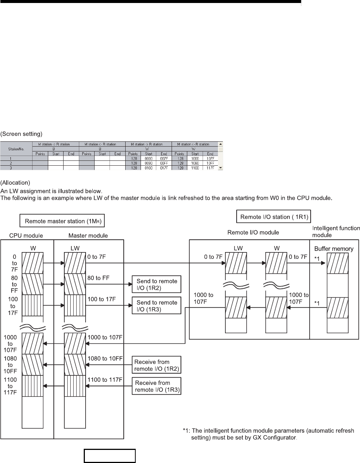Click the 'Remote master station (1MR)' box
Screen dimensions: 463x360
pos(62,221)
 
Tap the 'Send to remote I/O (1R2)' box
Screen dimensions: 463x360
pos(157,285)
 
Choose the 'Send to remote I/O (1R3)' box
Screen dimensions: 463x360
pos(157,306)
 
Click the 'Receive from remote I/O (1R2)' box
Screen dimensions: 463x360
pos(157,365)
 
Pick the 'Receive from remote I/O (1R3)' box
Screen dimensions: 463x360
pos(157,386)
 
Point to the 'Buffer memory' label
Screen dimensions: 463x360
pos(333,248)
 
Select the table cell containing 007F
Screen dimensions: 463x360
pos(164,159)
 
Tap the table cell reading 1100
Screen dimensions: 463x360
pos(194,168)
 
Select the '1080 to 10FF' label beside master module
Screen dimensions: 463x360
pos(105,358)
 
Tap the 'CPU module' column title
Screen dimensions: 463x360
pos(26,236)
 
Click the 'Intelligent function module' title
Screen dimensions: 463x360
pos(336,231)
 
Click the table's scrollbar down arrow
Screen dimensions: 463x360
pos(221,168)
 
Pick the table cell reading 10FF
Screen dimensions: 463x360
pos(210,163)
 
